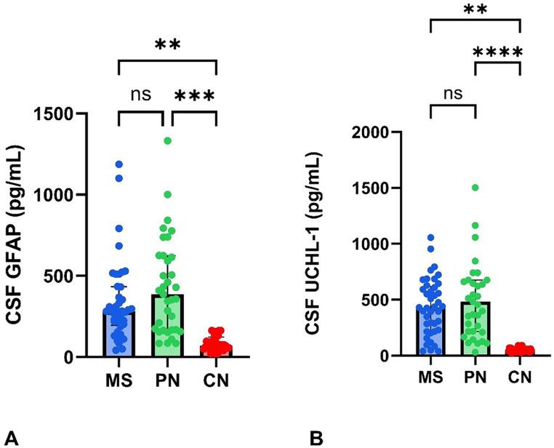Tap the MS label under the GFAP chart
[119, 379]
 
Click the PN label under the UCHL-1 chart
[475, 377]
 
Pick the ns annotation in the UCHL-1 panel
[452, 92]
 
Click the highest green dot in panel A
[167, 140]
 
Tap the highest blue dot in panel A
[119, 164]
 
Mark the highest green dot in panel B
[475, 188]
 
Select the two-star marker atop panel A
[167, 44]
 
